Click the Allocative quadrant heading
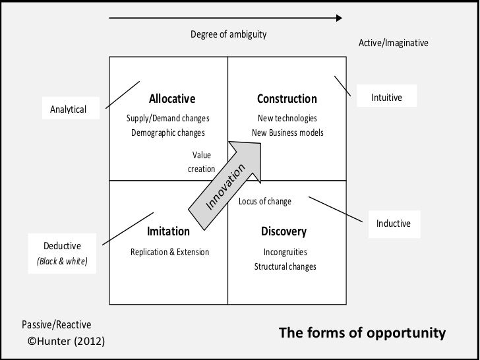(172, 99)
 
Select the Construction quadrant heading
(287, 99)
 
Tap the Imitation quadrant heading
(168, 231)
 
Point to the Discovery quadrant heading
(284, 231)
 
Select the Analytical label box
(69, 108)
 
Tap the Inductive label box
(393, 224)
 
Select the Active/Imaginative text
(393, 43)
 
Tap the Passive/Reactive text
(57, 324)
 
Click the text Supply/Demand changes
(168, 119)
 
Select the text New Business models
(288, 133)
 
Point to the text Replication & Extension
(169, 252)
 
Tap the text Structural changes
(285, 267)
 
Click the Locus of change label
(264, 201)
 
